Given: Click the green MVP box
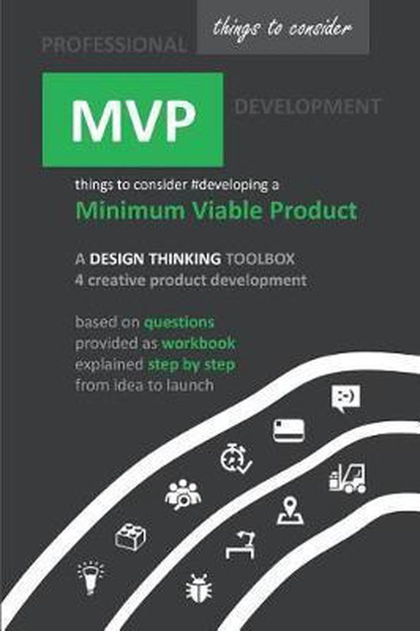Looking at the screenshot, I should [x=133, y=119].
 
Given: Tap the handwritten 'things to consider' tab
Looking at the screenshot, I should [x=283, y=29].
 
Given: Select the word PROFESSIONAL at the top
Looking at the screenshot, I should [x=114, y=45].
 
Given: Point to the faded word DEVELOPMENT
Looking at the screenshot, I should [x=307, y=106].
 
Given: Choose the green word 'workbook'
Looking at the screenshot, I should [x=197, y=343].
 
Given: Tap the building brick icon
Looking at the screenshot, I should [x=131, y=536].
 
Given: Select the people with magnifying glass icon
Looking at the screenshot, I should [x=183, y=494].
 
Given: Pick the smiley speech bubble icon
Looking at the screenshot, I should [x=345, y=398].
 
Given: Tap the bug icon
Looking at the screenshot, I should [x=195, y=588].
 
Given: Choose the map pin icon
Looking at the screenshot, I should [x=290, y=511].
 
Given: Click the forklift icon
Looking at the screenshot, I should [x=347, y=478].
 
